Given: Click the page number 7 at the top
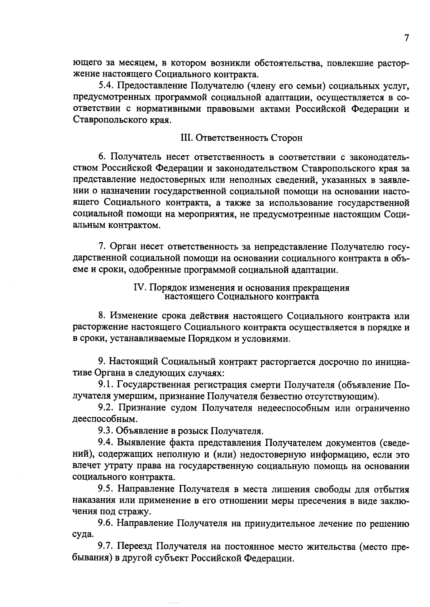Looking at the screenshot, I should point(406,38).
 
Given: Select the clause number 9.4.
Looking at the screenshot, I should point(106,443).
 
